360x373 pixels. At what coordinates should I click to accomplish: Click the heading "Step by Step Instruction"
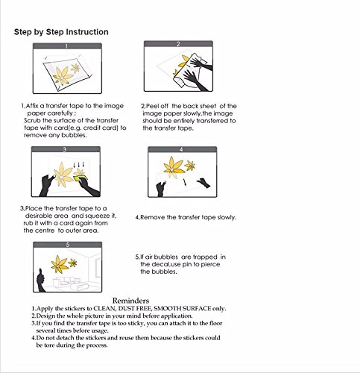[x=61, y=32]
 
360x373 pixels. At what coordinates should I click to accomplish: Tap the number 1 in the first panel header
[x=66, y=46]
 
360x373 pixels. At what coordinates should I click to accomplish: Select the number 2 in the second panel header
[x=178, y=44]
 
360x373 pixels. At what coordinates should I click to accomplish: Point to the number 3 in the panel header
[x=65, y=149]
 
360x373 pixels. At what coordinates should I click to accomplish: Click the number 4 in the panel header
[x=181, y=149]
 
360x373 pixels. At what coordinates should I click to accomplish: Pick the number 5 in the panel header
[x=68, y=245]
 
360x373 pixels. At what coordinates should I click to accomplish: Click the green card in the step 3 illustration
[x=80, y=178]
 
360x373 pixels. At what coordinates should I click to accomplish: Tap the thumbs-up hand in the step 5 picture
[x=41, y=280]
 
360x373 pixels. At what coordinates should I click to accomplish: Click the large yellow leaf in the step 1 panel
[x=62, y=75]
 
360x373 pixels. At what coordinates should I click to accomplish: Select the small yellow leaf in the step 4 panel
[x=190, y=166]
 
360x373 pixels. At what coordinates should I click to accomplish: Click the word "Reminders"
[x=130, y=301]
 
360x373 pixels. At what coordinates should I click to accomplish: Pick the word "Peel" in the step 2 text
[x=153, y=106]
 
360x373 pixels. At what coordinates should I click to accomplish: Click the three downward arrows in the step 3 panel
[x=79, y=165]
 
